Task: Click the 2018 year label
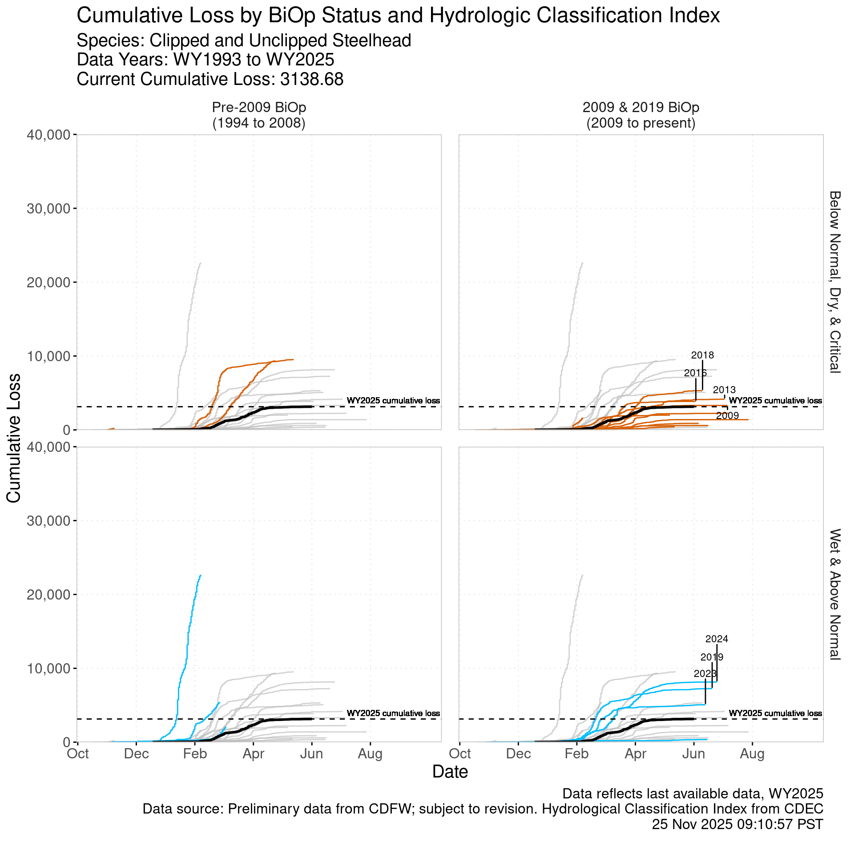702,355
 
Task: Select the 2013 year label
724,390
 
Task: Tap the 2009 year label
727,416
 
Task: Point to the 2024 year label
717,639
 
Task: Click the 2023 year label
705,674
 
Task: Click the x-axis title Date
450,772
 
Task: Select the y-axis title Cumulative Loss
14,438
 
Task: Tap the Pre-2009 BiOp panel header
259,115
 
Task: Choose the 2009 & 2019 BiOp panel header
640,115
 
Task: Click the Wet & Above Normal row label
834,594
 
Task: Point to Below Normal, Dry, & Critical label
834,282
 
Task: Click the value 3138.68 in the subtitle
312,79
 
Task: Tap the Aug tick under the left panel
370,754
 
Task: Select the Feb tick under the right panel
576,754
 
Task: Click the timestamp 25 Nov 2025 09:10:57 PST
737,824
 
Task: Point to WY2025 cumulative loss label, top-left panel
393,401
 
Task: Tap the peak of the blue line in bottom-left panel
201,575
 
